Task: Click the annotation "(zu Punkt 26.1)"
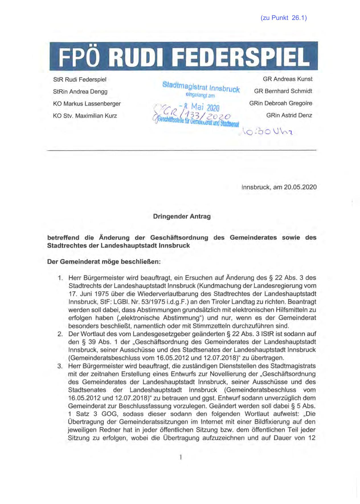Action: click(283, 18)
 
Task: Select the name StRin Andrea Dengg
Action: click(80, 92)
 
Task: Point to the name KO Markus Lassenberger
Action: click(87, 104)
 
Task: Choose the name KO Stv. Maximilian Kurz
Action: click(85, 116)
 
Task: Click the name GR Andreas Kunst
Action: click(287, 79)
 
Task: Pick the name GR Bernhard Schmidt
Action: click(283, 91)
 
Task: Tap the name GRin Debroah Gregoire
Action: click(281, 103)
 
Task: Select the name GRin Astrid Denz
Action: click(289, 115)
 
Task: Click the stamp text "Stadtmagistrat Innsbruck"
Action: click(201, 87)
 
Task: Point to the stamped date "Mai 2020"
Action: click(205, 108)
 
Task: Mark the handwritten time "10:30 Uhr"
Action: click(267, 132)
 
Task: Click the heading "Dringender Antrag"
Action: click(182, 216)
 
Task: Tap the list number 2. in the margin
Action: click(60, 334)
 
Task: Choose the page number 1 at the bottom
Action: click(181, 457)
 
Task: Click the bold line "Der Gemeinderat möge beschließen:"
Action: click(104, 262)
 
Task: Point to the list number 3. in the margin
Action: click(60, 366)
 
